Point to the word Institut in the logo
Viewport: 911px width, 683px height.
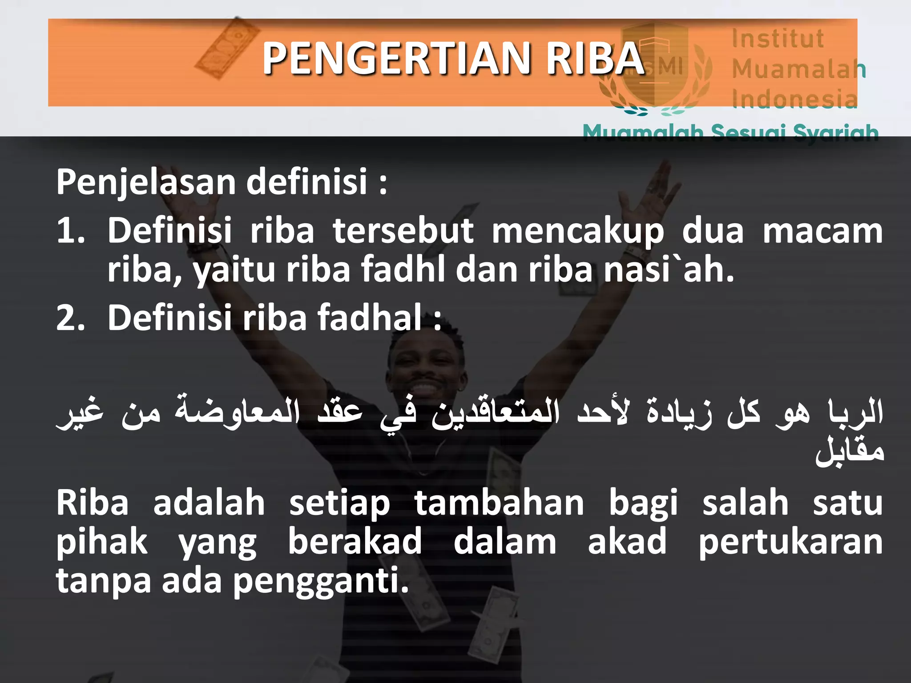(x=778, y=38)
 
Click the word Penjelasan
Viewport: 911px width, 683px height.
(x=146, y=182)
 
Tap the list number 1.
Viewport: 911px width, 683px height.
(x=70, y=231)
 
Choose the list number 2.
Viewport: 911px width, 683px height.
(x=70, y=318)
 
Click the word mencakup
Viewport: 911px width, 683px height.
(x=577, y=231)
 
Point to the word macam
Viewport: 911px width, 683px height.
(x=822, y=231)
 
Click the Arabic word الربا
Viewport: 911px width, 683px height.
(x=855, y=411)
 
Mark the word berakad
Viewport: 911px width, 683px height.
(x=355, y=542)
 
